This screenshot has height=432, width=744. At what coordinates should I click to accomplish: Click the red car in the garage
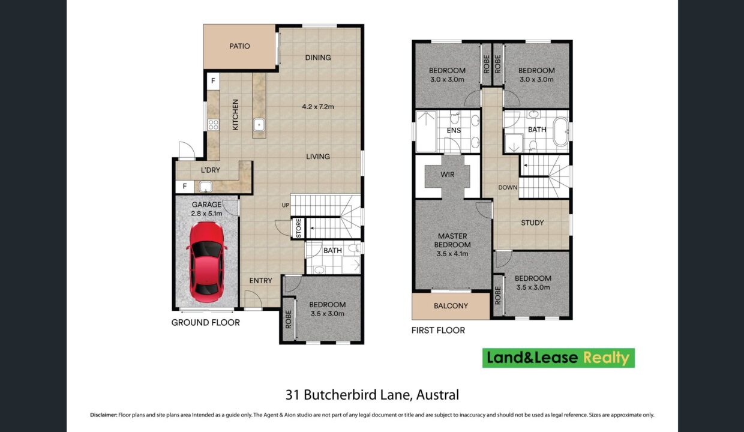pos(206,262)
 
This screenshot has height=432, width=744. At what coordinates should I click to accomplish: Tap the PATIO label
pos(239,46)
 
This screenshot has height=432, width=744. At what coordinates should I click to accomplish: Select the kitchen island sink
pos(259,125)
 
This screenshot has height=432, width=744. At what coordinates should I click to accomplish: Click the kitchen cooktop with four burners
pos(213,125)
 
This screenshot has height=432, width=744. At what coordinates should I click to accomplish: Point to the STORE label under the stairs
pos(298,228)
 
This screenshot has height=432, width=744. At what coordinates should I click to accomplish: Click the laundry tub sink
pos(205,187)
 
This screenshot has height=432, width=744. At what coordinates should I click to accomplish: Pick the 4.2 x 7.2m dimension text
pos(318,107)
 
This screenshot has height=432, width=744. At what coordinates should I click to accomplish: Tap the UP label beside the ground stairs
pos(286,205)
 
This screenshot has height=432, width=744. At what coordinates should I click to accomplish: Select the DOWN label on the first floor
pos(508,188)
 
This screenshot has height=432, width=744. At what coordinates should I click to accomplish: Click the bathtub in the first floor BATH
pos(561,132)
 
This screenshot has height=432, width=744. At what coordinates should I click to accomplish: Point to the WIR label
pos(447,175)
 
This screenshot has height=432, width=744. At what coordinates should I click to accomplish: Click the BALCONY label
pos(451,306)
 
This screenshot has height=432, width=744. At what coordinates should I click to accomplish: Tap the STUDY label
pos(532,223)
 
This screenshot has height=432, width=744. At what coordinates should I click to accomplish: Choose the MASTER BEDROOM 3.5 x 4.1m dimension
pos(452,254)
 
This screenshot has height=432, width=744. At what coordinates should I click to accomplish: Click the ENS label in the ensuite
pos(454,130)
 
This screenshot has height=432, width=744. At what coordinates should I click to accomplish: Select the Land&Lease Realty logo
pos(559,358)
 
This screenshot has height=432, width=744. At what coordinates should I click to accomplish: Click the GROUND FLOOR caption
pos(206,322)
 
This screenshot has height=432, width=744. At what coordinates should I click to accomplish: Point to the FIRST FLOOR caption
pos(438,331)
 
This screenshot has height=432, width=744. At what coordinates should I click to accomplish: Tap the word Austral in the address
pos(438,395)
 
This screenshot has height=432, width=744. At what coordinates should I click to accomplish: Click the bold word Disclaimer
pos(104,415)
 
